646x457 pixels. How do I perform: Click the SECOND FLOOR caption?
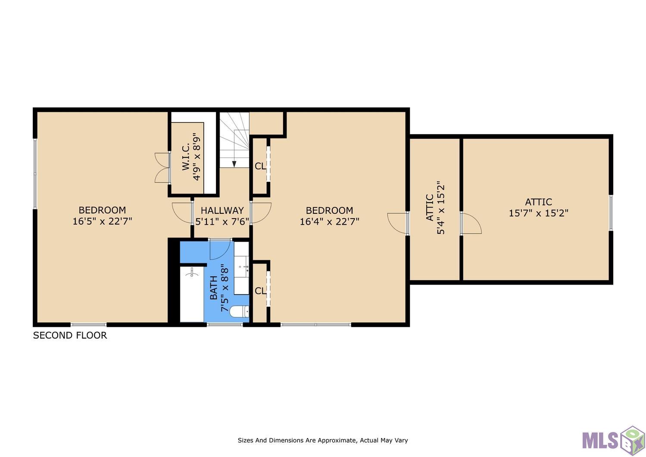pyautogui.click(x=70, y=335)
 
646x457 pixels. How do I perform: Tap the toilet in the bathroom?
pyautogui.click(x=239, y=312)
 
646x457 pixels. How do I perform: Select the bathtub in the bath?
pyautogui.click(x=192, y=294)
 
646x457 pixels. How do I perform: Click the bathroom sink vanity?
pyautogui.click(x=241, y=268)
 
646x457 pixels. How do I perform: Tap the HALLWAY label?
pyautogui.click(x=222, y=210)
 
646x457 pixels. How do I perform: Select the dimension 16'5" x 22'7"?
pyautogui.click(x=102, y=221)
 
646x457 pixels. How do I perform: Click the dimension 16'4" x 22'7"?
pyautogui.click(x=329, y=222)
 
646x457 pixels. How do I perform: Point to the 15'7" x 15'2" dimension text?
pyautogui.click(x=538, y=213)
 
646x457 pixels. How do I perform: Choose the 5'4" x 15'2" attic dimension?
pyautogui.click(x=441, y=207)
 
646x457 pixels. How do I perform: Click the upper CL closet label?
pyautogui.click(x=260, y=166)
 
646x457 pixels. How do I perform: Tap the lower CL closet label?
pyautogui.click(x=260, y=291)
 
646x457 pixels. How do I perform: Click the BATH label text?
pyautogui.click(x=213, y=288)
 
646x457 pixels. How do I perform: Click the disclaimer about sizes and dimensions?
pyautogui.click(x=323, y=440)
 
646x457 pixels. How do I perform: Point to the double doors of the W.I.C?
pyautogui.click(x=162, y=168)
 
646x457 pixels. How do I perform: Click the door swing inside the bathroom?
pyautogui.click(x=220, y=249)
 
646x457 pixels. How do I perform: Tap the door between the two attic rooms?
pyautogui.click(x=471, y=223)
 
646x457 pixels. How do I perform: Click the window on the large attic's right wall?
pyautogui.click(x=611, y=213)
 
